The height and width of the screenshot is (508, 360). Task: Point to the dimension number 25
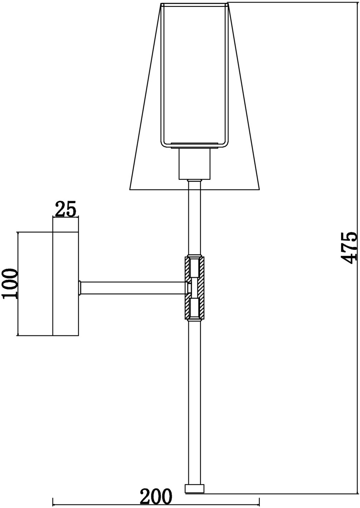(x=65, y=209)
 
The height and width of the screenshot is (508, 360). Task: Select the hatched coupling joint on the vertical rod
(x=194, y=288)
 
